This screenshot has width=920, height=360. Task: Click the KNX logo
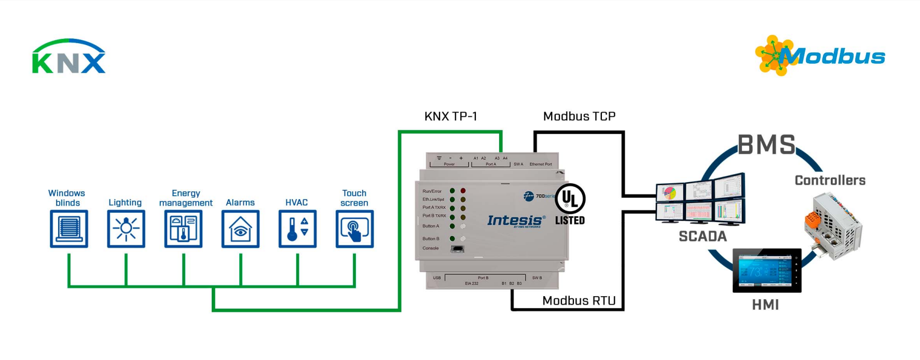(x=69, y=57)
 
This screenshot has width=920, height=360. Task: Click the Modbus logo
(x=820, y=56)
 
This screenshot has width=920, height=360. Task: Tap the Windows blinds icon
(x=69, y=229)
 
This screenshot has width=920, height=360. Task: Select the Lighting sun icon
(x=126, y=229)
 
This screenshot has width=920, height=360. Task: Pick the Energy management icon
(x=183, y=229)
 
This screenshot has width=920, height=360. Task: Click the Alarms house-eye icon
(x=240, y=229)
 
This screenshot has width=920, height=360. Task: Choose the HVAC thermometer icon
(x=297, y=229)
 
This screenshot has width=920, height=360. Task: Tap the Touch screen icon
(x=354, y=229)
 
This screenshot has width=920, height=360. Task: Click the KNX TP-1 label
(x=450, y=116)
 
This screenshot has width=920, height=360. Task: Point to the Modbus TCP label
(x=579, y=116)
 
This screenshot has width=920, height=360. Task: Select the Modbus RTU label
(x=579, y=301)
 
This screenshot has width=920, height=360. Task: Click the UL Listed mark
(x=570, y=204)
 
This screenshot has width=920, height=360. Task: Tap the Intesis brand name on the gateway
(x=516, y=220)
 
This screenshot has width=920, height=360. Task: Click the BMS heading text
(x=766, y=145)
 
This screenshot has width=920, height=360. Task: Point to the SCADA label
(x=703, y=237)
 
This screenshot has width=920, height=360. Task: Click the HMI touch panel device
(x=766, y=270)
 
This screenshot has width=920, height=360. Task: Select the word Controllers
(x=830, y=181)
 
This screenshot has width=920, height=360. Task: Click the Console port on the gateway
(x=457, y=248)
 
